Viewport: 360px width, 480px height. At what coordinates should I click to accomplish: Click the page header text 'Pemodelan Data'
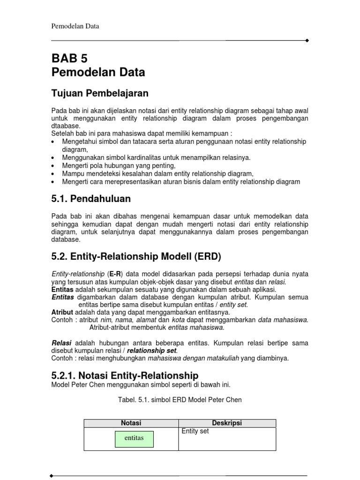click(x=75, y=26)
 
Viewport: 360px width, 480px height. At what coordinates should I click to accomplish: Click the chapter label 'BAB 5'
click(x=69, y=59)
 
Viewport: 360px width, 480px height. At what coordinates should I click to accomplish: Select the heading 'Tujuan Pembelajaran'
click(x=100, y=93)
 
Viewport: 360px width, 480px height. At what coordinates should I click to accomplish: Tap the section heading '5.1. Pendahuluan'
click(x=91, y=199)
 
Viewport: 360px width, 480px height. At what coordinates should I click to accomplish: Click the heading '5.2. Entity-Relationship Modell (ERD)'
click(x=136, y=257)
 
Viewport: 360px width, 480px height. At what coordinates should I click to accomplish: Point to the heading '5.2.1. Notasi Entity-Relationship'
click(x=125, y=375)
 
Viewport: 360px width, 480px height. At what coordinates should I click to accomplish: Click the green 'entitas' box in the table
click(x=134, y=438)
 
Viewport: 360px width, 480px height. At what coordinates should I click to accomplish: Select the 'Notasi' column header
click(x=131, y=423)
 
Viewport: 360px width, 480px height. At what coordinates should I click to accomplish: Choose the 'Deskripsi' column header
click(x=227, y=423)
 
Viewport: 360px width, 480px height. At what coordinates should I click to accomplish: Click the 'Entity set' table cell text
click(x=195, y=431)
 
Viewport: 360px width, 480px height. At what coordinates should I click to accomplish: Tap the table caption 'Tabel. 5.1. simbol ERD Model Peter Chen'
click(x=180, y=400)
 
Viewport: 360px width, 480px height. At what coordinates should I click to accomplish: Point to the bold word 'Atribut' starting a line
click(x=62, y=312)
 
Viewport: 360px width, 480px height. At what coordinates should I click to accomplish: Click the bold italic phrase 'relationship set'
click(x=152, y=351)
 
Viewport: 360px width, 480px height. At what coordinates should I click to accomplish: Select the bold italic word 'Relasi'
click(x=61, y=343)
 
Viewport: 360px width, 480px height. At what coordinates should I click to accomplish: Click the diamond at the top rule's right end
click(x=307, y=41)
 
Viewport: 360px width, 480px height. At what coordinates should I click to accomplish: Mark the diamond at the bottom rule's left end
click(x=52, y=476)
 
